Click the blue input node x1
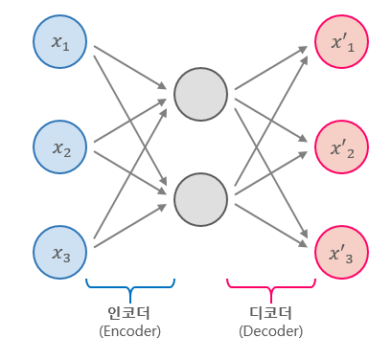coord(61,42)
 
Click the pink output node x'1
coord(340,42)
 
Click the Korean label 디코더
coord(270,312)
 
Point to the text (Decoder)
coord(270,330)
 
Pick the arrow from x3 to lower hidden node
coord(129,224)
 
